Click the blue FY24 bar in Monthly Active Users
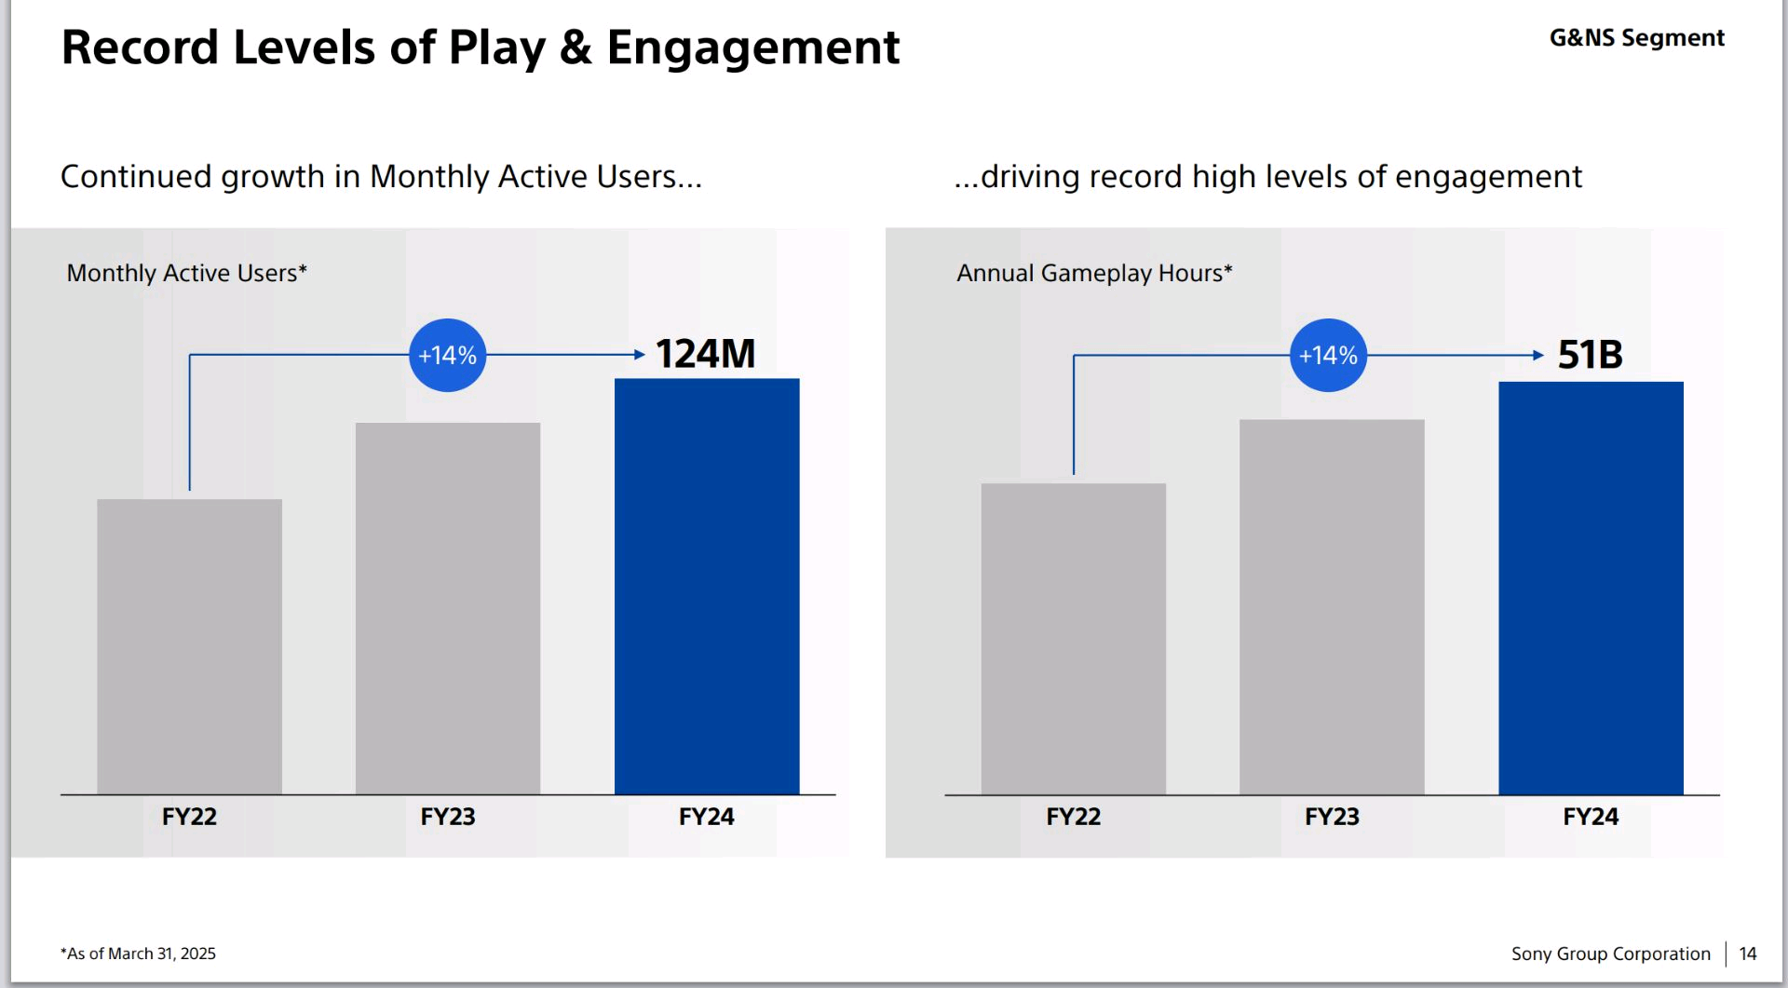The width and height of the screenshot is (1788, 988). pos(707,586)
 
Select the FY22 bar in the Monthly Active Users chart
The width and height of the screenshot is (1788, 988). pos(189,646)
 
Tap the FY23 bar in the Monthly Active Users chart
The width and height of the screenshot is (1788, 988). pos(448,608)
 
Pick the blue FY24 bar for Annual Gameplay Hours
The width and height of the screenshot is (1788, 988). pos(1591,588)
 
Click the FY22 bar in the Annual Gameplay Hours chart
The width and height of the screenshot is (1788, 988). pos(1073,639)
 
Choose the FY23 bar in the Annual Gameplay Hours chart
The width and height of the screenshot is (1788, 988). pos(1332,606)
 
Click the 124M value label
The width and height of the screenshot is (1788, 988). pos(705,354)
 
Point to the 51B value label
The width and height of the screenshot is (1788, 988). pos(1590,355)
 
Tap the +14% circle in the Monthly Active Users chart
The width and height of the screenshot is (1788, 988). pos(448,355)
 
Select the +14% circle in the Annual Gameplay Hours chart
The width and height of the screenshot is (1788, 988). pos(1328,355)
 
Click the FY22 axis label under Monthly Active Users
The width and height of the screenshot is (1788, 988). pos(189,817)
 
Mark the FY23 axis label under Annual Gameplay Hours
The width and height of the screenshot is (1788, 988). pos(1332,817)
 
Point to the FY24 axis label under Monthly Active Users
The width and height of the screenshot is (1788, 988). pos(706,817)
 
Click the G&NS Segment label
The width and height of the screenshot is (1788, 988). pos(1636,38)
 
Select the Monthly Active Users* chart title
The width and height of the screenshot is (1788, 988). pos(186,273)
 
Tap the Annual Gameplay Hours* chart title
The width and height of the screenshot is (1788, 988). pos(1094,273)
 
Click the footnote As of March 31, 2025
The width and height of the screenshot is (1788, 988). pos(138,954)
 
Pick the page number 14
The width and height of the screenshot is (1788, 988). pos(1747,954)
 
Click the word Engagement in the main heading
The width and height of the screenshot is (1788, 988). pos(752,48)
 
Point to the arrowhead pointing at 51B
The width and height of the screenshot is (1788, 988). pos(1538,355)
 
